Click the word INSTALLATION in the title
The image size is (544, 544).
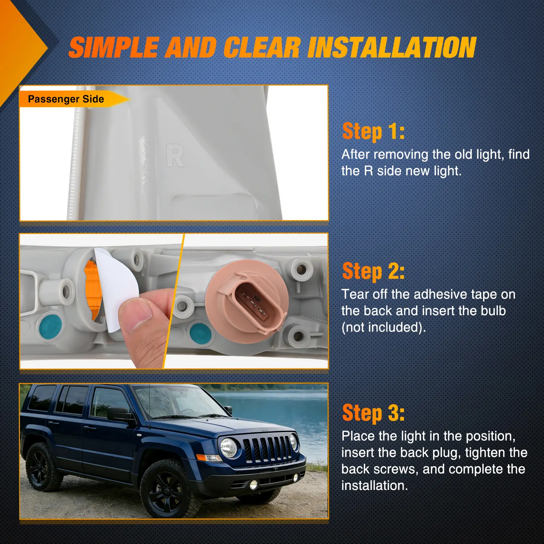[392, 48]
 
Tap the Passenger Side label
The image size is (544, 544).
[66, 99]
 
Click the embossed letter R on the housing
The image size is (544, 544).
[176, 156]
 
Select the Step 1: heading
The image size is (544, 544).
[374, 131]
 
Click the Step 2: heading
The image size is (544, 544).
[374, 271]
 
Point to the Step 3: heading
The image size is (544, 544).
[374, 413]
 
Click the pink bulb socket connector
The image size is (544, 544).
[247, 297]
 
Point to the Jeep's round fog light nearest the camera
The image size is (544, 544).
[254, 484]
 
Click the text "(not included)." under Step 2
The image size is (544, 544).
[384, 327]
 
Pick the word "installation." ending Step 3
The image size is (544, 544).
[375, 486]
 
